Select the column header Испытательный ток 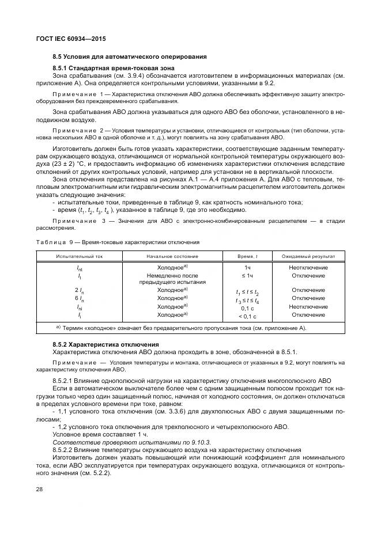click(x=80, y=256)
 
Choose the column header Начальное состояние click(x=172, y=256)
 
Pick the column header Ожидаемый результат click(x=308, y=256)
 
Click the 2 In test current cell click(x=80, y=290)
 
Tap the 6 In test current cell click(x=80, y=298)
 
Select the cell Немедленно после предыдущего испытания click(x=172, y=279)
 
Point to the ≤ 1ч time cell click(x=247, y=276)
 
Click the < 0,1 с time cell click(x=247, y=316)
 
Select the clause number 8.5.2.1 click(x=64, y=381)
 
